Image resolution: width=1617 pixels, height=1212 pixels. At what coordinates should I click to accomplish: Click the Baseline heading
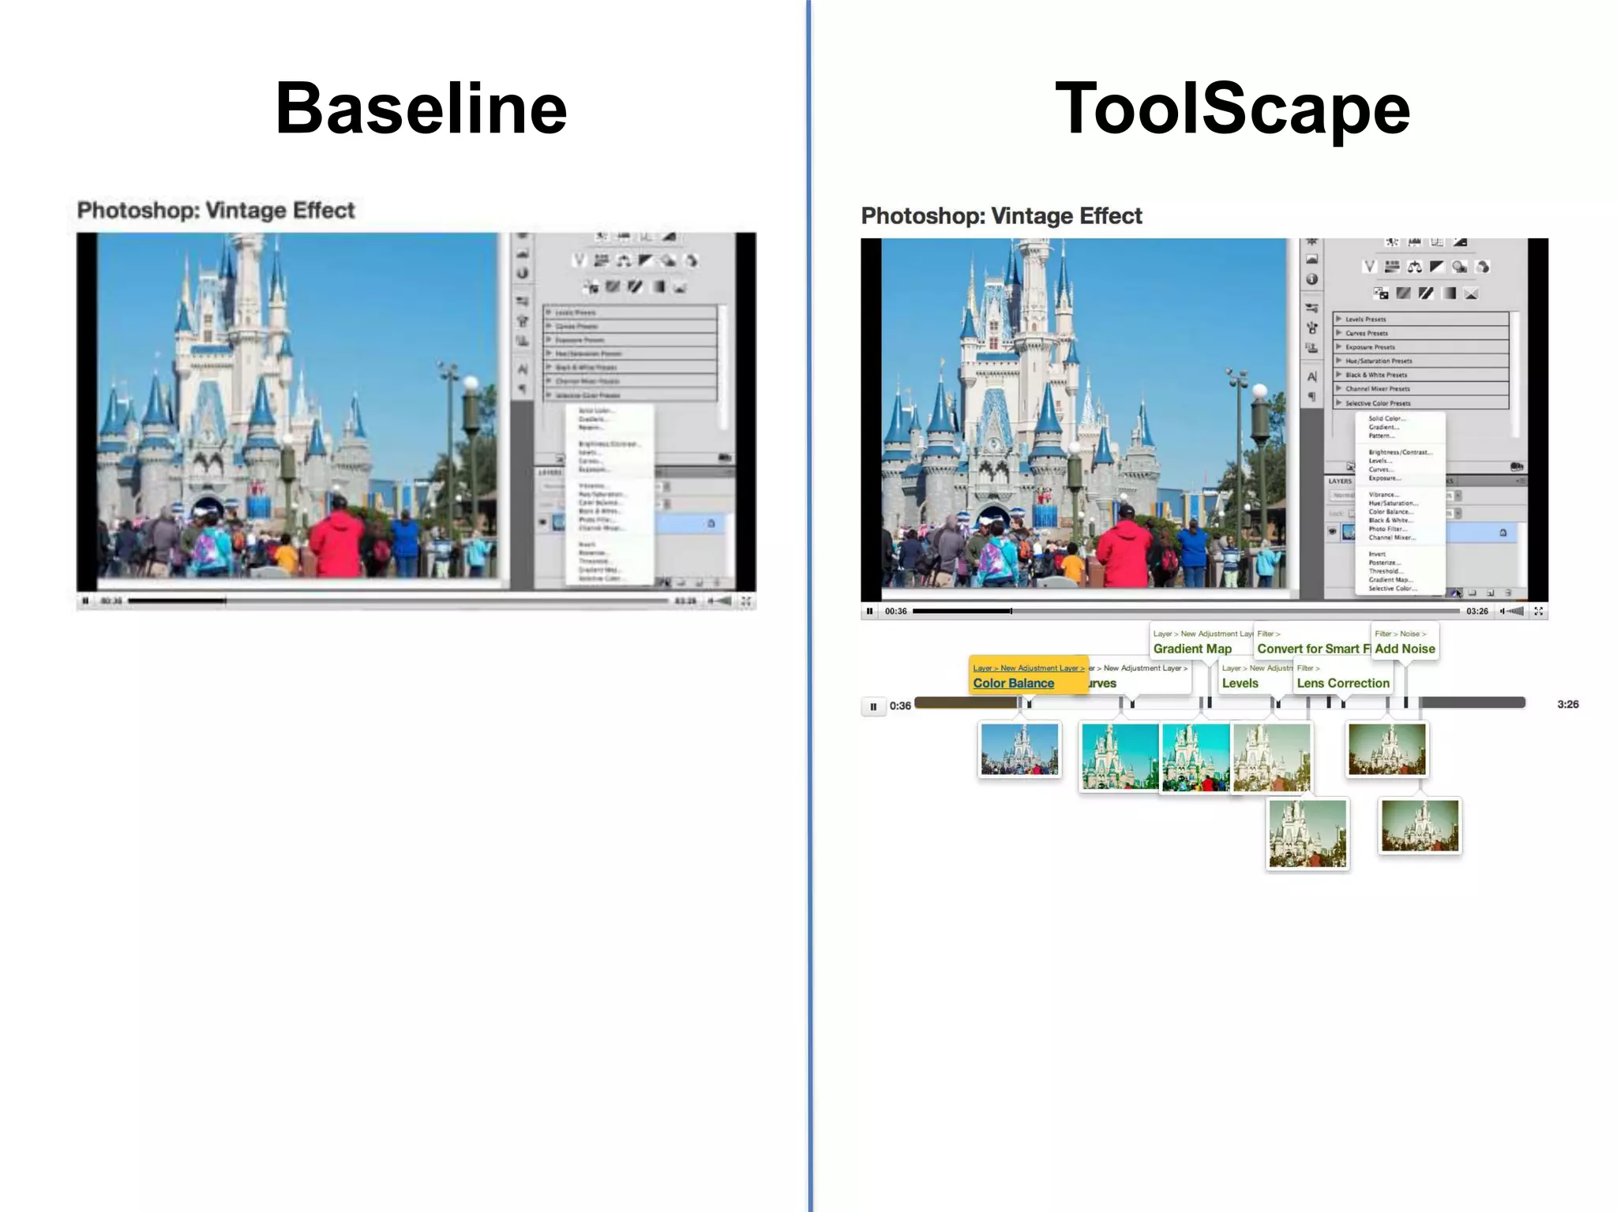421,109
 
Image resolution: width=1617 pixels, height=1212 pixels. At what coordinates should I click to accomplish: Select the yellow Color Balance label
1014,683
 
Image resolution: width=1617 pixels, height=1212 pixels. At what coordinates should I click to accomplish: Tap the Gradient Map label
1192,649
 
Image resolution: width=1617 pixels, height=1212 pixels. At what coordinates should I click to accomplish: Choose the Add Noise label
1405,649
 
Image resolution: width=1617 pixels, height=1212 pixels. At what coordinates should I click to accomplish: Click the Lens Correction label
1343,683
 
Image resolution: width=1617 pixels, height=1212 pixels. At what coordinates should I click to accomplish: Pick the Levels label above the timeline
1240,683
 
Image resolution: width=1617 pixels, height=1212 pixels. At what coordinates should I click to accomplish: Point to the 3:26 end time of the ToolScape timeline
1567,705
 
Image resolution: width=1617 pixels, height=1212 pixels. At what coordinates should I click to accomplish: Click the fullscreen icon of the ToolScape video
1538,611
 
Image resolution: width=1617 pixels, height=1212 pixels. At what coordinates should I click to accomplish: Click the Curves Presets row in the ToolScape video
1367,333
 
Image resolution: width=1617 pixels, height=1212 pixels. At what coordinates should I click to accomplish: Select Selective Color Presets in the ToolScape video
1378,403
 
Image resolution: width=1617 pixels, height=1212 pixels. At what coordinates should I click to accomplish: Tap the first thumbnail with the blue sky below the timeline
1019,750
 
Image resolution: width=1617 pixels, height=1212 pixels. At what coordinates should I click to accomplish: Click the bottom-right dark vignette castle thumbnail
1420,826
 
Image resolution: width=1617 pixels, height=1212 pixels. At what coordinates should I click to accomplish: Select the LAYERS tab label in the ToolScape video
1340,481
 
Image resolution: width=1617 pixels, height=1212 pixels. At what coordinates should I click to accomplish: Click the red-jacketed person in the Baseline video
336,537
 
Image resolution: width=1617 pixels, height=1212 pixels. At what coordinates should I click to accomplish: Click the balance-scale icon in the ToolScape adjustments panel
1414,267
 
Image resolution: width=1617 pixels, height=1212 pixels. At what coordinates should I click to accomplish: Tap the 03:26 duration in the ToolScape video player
1477,611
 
